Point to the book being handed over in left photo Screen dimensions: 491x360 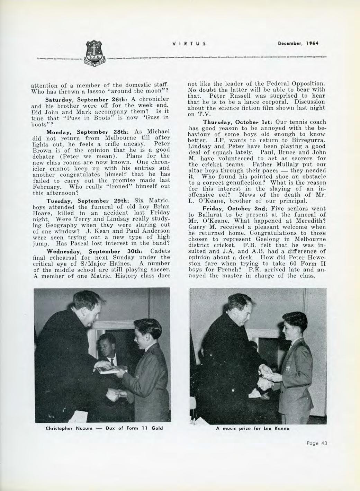coord(108,369)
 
